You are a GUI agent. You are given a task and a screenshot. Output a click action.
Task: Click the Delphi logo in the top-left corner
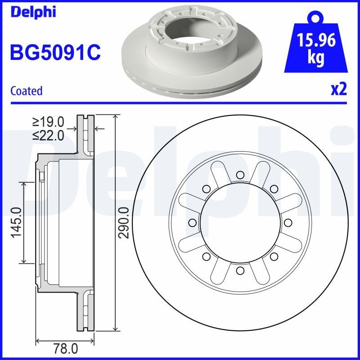click(32, 12)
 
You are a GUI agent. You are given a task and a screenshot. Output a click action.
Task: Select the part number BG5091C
click(55, 53)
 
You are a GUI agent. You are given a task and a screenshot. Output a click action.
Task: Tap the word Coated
click(26, 90)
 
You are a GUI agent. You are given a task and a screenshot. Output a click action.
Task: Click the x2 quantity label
click(338, 90)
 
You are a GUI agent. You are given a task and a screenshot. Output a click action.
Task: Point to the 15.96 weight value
click(316, 41)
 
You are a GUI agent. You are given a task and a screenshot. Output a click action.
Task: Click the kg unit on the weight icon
click(316, 59)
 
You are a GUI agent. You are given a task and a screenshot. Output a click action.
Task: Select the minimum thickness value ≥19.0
click(48, 121)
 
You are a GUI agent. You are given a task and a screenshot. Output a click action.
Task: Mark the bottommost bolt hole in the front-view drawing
click(240, 270)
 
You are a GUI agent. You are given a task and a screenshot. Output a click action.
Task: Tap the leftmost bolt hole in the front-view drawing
click(192, 222)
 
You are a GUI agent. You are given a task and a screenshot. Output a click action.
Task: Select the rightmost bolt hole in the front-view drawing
click(288, 222)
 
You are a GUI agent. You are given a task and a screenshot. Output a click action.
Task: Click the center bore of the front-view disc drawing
click(240, 222)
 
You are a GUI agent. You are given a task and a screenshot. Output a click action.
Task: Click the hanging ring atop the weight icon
click(316, 18)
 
